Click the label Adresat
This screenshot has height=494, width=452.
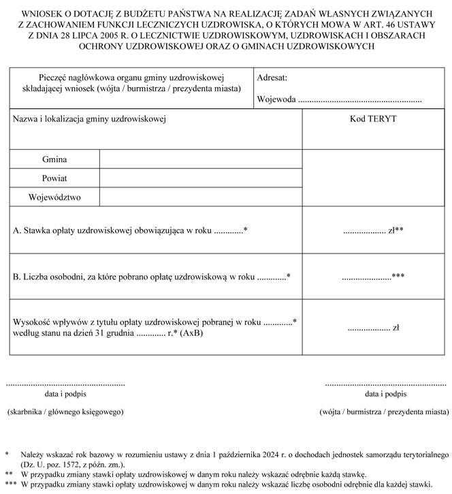pyautogui.click(x=272, y=79)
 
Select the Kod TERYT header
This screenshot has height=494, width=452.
pyautogui.click(x=373, y=119)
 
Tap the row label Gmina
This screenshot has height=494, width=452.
pyautogui.click(x=54, y=159)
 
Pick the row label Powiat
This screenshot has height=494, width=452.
pyautogui.click(x=54, y=179)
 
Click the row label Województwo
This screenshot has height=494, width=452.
pyautogui.click(x=54, y=198)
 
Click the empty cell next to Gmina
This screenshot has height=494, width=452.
pyautogui.click(x=201, y=159)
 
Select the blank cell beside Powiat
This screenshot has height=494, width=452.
pyautogui.click(x=201, y=179)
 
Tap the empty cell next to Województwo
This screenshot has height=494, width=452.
pyautogui.click(x=201, y=198)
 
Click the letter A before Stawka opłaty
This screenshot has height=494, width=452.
pyautogui.click(x=16, y=231)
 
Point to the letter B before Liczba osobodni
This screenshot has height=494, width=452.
pyautogui.click(x=16, y=277)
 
